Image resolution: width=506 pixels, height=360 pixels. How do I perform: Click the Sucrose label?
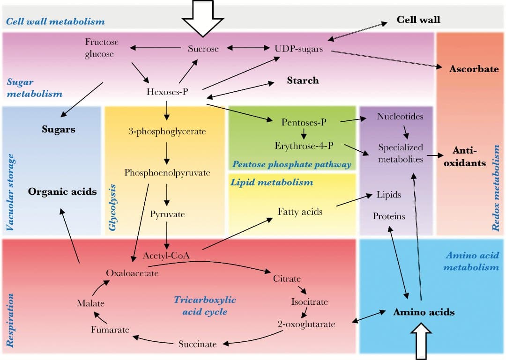203,48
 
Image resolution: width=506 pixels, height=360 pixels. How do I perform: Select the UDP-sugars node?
298,48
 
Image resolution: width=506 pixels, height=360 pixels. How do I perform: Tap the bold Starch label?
303,81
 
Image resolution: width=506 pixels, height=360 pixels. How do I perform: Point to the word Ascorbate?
474,69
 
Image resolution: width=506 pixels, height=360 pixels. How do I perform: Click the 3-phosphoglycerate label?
167,132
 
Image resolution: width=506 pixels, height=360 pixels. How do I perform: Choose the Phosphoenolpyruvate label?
167,173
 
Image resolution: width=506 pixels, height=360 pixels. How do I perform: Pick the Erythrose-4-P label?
304,146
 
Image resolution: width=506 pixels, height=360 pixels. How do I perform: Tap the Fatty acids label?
300,212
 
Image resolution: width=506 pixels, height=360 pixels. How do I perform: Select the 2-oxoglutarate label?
306,324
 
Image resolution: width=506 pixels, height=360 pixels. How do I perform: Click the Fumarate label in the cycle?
110,330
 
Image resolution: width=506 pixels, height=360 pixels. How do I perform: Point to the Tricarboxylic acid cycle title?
205,305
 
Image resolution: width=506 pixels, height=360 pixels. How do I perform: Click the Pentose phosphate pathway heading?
291,164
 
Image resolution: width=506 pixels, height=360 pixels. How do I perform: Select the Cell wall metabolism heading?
55,22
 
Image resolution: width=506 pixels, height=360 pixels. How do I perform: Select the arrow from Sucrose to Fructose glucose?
155,48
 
